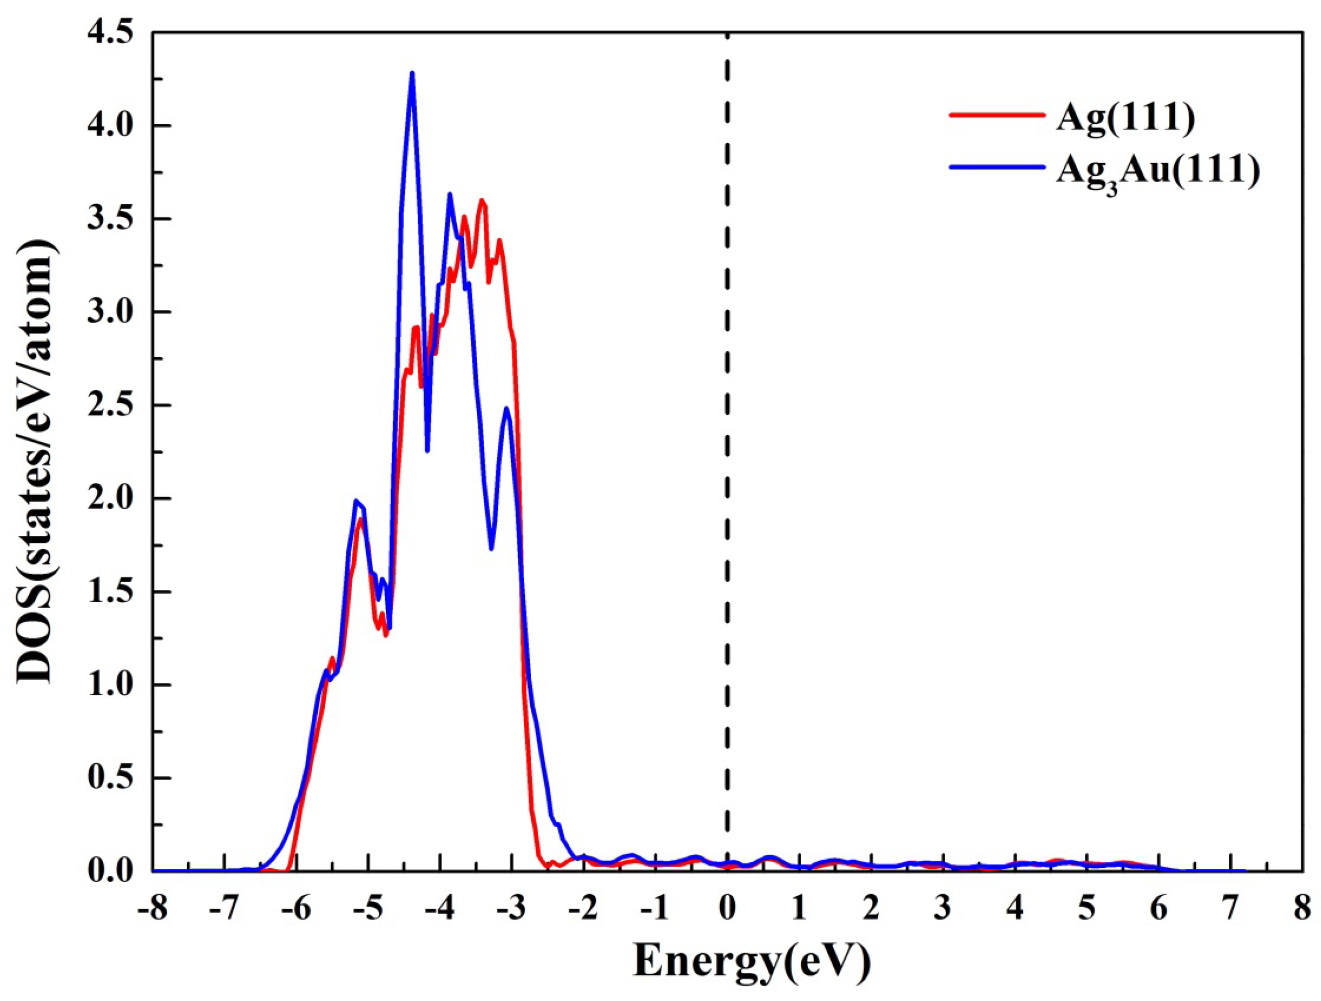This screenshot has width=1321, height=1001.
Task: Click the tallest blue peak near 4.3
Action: [x=412, y=74]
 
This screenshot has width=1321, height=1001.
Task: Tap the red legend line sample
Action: [x=997, y=115]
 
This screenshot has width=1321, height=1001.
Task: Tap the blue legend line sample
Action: [x=997, y=168]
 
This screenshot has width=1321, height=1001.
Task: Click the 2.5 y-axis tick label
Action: [x=110, y=406]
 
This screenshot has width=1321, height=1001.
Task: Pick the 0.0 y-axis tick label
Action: [x=110, y=871]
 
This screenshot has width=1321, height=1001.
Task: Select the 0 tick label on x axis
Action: [x=727, y=910]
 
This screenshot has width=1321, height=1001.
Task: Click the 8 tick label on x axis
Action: [x=1303, y=910]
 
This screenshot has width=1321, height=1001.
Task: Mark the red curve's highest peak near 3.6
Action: [x=481, y=201]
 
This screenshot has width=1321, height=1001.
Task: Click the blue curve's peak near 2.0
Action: [x=356, y=502]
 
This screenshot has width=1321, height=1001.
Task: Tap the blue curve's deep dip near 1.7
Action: [x=491, y=548]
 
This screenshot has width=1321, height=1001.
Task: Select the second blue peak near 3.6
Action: [x=450, y=194]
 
